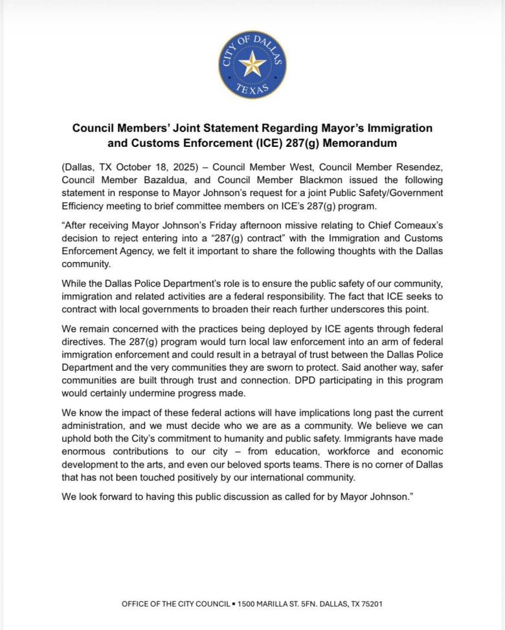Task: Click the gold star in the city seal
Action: [x=252, y=63]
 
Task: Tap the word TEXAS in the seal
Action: [x=252, y=91]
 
